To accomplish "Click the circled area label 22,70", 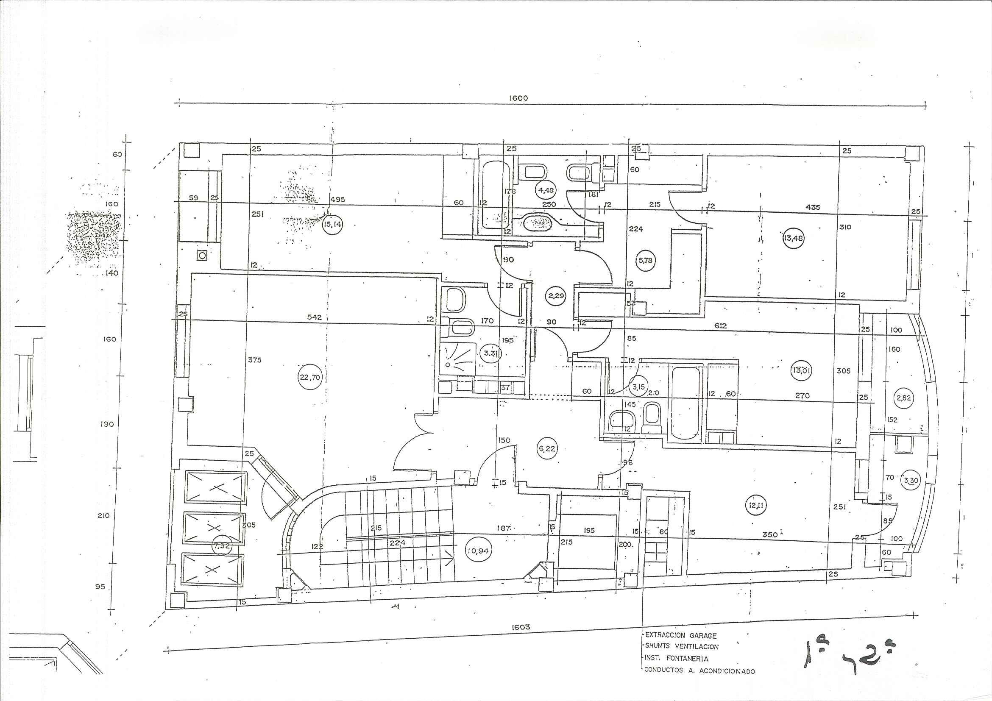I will pos(310,378).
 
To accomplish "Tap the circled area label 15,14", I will pos(332,225).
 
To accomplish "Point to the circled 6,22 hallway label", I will pos(546,449).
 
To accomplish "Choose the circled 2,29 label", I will pos(555,296).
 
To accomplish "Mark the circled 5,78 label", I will pos(645,261).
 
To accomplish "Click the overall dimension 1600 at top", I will pos(518,98).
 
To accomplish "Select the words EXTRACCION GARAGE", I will pos(680,636).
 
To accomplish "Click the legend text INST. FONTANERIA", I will pos(676,659).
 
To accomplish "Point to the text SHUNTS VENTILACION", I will pos(681,647).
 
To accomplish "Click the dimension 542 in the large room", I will pos(314,317).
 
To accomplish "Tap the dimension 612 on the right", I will pos(720,325).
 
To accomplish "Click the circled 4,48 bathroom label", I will pos(546,189).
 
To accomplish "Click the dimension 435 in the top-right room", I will pos(813,207).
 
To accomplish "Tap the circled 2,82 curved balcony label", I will pos(903,398).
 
